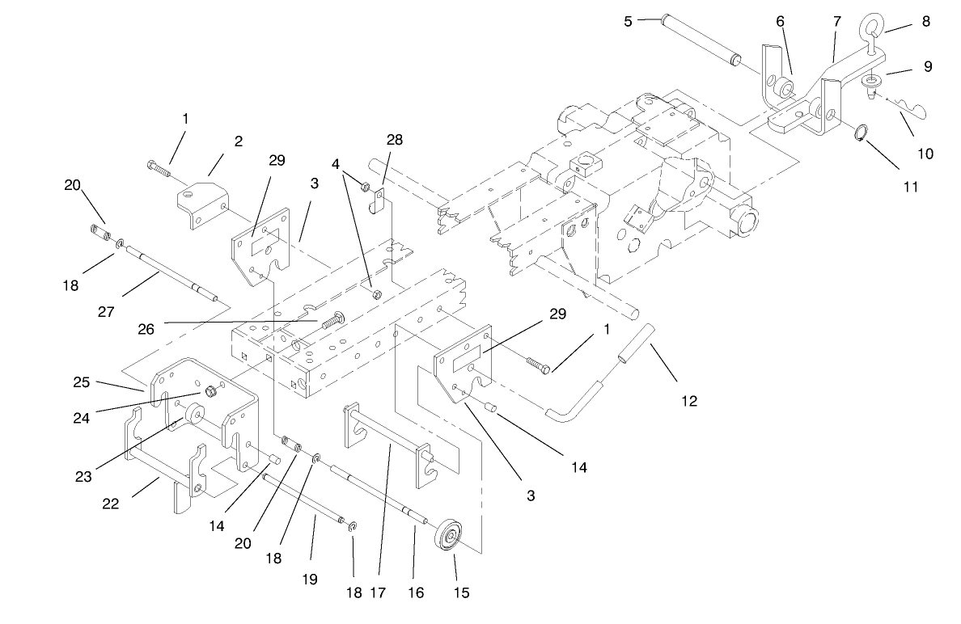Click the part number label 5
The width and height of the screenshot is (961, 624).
pyautogui.click(x=628, y=22)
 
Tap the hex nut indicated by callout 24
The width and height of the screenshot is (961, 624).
pyautogui.click(x=209, y=392)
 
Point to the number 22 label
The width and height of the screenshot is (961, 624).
pyautogui.click(x=110, y=504)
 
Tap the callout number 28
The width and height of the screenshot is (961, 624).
pyautogui.click(x=394, y=140)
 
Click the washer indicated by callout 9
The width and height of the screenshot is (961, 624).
pyautogui.click(x=872, y=82)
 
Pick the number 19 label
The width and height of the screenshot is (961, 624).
pyautogui.click(x=310, y=580)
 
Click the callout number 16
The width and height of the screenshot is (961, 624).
pyautogui.click(x=416, y=593)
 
